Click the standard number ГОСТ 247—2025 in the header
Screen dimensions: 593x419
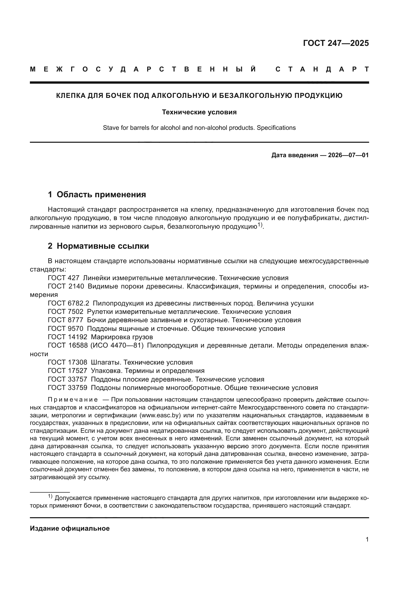coord(336,43)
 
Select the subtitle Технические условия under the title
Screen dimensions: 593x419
coord(199,112)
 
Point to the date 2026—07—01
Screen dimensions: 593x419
coord(348,155)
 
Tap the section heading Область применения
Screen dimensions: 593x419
coord(101,194)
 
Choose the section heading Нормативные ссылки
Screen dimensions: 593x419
coord(103,246)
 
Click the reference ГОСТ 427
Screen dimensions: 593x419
coord(64,278)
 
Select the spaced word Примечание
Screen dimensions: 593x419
coord(73,400)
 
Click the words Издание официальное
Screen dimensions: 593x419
coord(70,528)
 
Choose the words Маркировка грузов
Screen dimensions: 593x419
coord(122,337)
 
